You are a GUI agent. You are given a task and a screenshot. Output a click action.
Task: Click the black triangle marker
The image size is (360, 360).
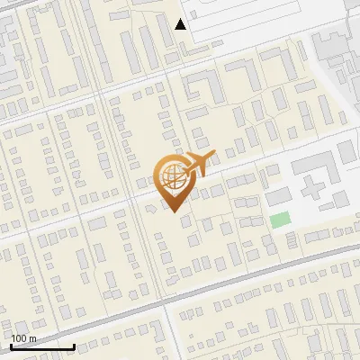click(x=181, y=24)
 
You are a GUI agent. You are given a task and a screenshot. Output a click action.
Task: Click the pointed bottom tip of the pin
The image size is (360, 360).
click(x=173, y=211)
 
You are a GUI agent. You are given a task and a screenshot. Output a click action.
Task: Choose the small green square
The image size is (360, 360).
click(x=281, y=220)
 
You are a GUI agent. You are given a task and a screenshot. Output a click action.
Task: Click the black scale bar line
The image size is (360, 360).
click(x=42, y=346)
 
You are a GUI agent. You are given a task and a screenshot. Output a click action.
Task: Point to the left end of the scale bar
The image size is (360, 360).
click(x=11, y=346)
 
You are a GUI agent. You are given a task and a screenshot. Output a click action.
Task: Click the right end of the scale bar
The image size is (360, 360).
click(x=74, y=346)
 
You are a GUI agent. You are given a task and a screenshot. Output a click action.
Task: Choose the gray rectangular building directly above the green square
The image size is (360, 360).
click(x=279, y=195)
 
